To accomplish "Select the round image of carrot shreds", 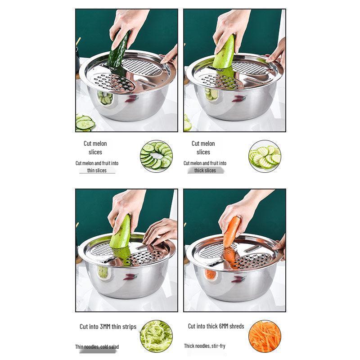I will tap(265, 336).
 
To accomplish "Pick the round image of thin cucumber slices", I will tap(156, 156).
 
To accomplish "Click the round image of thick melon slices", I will tap(265, 156).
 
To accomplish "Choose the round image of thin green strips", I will tap(156, 336).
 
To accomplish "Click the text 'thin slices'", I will tap(97, 171).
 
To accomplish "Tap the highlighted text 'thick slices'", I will tap(205, 171).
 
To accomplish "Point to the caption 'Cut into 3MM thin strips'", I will tap(108, 327).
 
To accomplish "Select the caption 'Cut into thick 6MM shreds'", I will tap(216, 326).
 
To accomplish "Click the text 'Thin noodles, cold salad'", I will tap(97, 346).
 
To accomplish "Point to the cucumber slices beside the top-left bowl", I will tap(85, 123).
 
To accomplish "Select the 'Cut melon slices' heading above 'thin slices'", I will tap(95, 148).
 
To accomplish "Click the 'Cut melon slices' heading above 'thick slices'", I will tap(203, 148).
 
